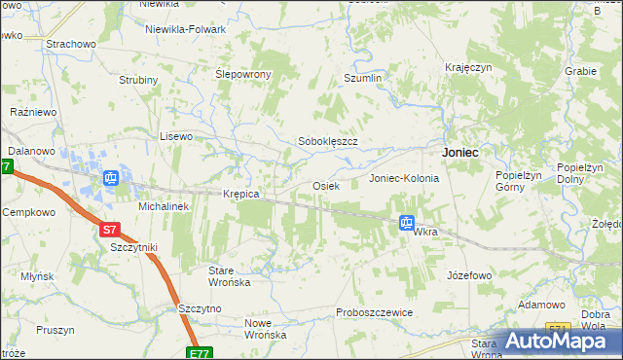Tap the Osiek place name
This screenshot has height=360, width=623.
324,185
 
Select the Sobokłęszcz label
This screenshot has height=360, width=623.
328,141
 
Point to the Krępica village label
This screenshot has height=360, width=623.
240,194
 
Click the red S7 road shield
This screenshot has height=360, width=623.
111,231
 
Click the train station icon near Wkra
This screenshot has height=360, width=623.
406,223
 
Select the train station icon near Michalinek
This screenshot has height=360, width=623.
111,178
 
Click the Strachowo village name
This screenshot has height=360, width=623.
70,44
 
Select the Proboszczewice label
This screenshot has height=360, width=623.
375,311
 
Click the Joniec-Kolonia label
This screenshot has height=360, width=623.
404,179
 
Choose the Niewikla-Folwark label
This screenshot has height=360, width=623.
185,29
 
